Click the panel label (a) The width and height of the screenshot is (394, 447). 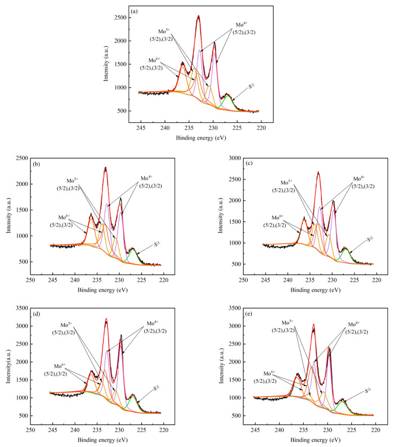[136, 11]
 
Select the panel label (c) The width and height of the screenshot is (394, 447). [249, 163]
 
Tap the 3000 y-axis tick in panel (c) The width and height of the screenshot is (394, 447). [230, 158]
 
